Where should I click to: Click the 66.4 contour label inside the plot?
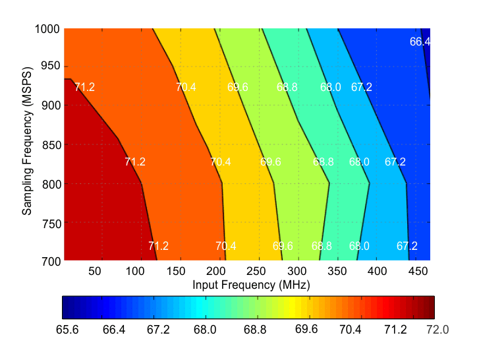[420, 42]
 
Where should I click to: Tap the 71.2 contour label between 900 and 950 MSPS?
[84, 87]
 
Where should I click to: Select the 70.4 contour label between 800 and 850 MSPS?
[221, 162]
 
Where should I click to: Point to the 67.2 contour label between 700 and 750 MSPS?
[407, 246]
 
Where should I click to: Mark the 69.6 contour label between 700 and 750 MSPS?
[283, 246]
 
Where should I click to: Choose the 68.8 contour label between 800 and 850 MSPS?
[324, 162]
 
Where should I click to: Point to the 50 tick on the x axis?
[94, 271]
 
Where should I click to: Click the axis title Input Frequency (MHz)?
[251, 285]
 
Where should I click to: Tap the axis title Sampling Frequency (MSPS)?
[27, 144]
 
